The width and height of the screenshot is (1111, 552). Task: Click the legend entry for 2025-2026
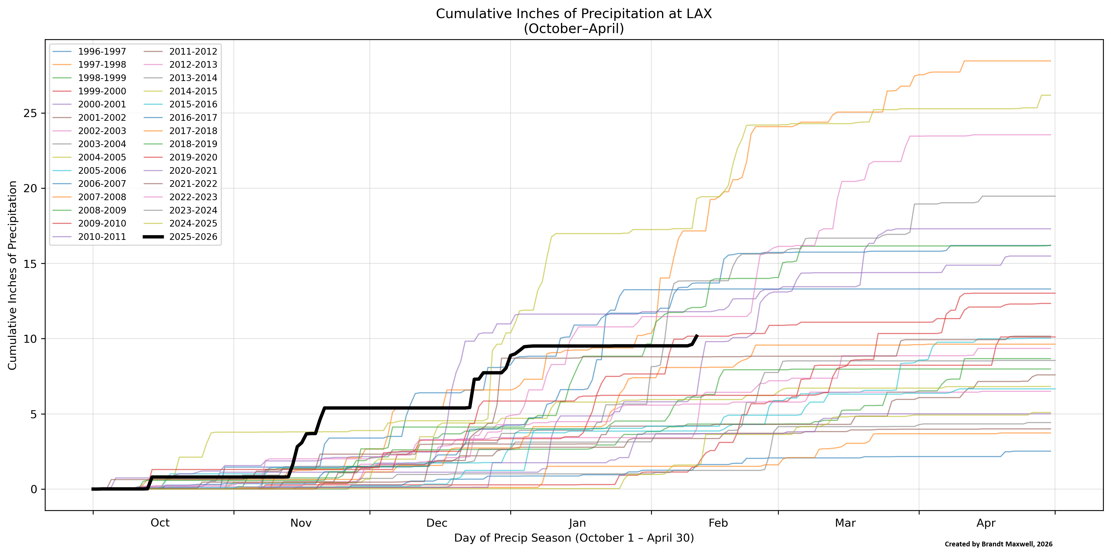193,237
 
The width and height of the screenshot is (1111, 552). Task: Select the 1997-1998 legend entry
102,65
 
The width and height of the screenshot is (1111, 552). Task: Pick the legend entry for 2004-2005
102,158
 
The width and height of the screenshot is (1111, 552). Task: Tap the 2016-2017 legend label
193,118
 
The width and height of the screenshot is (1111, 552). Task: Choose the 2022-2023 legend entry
193,197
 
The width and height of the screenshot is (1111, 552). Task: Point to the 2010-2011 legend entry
102,237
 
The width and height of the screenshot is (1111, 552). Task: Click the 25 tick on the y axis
30,114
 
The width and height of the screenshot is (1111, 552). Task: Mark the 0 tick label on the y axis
34,489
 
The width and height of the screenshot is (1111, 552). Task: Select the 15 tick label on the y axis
30,264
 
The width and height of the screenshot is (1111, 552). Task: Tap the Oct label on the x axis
160,523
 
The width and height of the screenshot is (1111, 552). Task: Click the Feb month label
718,523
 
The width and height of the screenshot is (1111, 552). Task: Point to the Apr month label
986,523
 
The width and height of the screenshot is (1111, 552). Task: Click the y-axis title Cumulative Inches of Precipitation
13,275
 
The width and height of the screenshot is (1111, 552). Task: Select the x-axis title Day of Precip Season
573,538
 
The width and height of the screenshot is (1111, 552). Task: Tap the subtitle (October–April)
573,29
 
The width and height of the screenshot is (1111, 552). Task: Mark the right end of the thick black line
697,335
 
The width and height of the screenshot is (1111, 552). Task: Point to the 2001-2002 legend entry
102,118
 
